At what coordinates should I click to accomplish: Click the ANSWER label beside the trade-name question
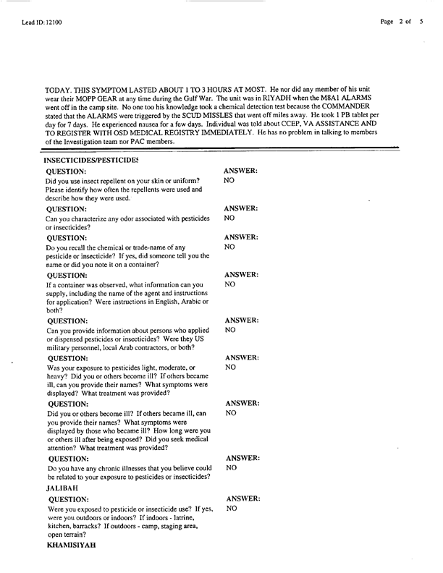[x=242, y=236]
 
